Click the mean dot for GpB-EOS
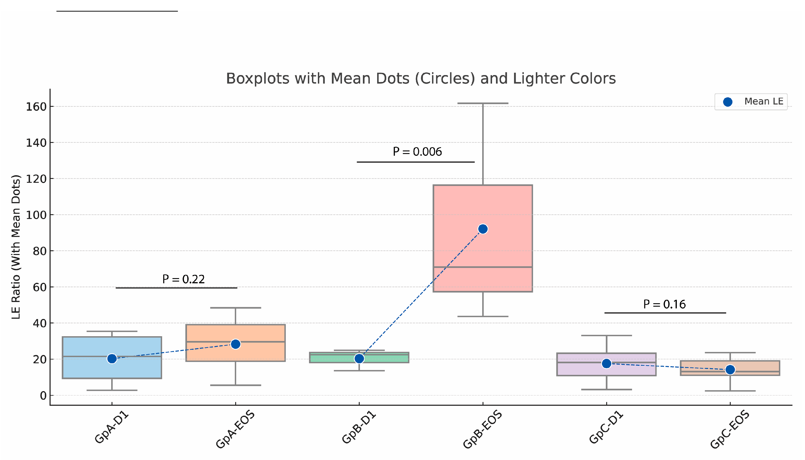482,229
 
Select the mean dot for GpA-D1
112,359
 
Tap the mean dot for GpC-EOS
730,369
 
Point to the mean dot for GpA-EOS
235,344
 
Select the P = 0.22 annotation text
183,279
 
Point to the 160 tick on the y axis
36,107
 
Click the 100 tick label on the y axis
36,215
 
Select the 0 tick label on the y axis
43,396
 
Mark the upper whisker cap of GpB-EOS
482,103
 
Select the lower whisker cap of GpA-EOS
235,385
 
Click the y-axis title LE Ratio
16,246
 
